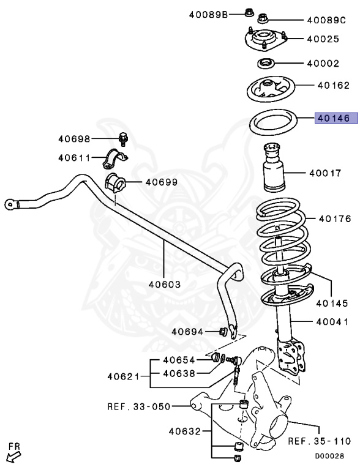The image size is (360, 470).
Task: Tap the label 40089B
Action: [x=207, y=13]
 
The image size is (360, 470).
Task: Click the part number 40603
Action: [x=164, y=284]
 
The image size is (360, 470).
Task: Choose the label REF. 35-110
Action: [x=320, y=441]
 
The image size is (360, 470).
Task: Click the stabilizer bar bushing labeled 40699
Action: [x=114, y=182]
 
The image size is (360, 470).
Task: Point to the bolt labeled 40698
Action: [x=123, y=138]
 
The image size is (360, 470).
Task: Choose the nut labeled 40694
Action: [x=223, y=332]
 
